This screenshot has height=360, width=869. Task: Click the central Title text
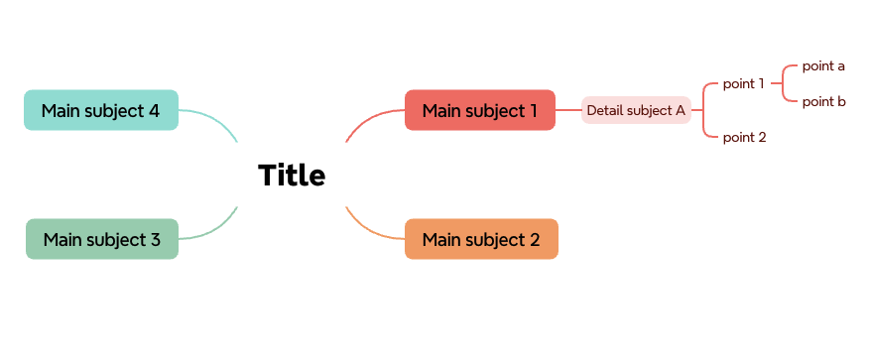point(292,176)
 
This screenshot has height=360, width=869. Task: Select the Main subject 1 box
point(479,110)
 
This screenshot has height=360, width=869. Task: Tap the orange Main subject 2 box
point(481,239)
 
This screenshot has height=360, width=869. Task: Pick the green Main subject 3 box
point(101,239)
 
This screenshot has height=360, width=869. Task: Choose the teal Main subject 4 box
point(100,110)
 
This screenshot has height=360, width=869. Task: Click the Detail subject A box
point(635,110)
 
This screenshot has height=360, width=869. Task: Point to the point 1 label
point(743,83)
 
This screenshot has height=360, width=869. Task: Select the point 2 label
point(744,137)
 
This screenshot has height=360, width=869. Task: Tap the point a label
point(823,66)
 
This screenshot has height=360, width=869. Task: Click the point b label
point(823,101)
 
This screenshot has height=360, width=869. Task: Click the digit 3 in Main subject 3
point(155,239)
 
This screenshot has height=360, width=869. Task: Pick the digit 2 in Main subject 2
point(535,239)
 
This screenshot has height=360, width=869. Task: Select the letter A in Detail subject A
point(681,110)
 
